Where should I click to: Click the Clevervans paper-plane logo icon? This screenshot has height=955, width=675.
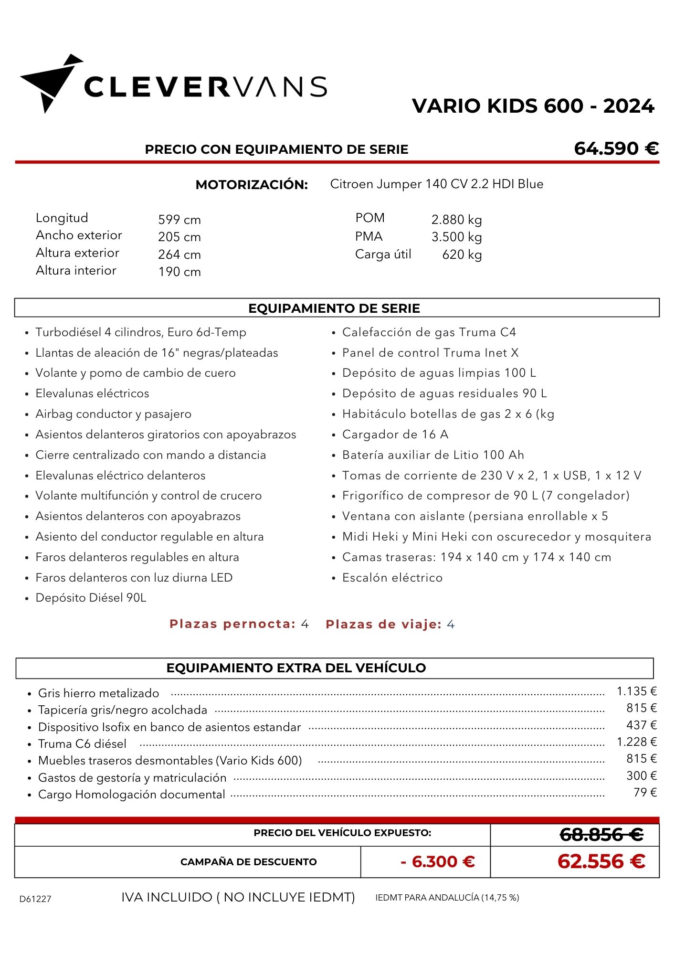(51, 83)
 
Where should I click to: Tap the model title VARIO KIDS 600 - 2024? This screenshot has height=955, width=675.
(533, 106)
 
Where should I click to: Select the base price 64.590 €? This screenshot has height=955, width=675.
(616, 149)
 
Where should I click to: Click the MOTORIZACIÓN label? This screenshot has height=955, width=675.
(252, 185)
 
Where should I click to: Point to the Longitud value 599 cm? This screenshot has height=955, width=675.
(179, 220)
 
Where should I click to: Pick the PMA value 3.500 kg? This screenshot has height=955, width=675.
(456, 237)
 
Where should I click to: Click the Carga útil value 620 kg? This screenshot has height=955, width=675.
(462, 255)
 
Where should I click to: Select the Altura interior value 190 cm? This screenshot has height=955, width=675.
(179, 272)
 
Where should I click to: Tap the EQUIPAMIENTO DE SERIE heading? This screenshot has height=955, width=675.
(334, 308)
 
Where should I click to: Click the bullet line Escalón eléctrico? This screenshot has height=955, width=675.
(392, 578)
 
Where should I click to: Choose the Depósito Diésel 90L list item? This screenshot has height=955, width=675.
(91, 598)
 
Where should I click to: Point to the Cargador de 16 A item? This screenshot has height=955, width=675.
(395, 435)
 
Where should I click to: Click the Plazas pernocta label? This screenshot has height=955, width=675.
(232, 624)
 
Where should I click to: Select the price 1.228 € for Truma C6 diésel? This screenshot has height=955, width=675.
(636, 742)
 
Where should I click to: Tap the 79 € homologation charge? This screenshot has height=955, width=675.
(645, 792)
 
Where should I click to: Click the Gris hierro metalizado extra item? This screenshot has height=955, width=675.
(98, 693)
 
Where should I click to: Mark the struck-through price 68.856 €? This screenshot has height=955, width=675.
(601, 835)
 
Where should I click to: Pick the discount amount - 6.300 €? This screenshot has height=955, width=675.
(438, 861)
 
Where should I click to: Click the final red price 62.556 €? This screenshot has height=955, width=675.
(601, 861)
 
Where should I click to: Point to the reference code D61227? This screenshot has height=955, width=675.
(35, 899)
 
